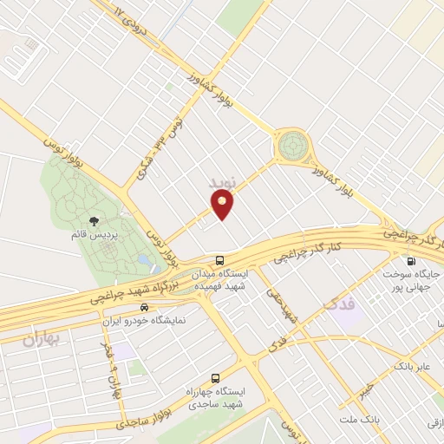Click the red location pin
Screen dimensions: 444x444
click(223, 205)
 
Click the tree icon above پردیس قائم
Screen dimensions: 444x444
click(95, 221)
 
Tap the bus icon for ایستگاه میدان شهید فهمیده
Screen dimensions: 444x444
click(220, 259)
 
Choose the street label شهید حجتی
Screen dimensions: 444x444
click(282, 310)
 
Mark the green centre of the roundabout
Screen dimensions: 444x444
click(292, 145)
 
